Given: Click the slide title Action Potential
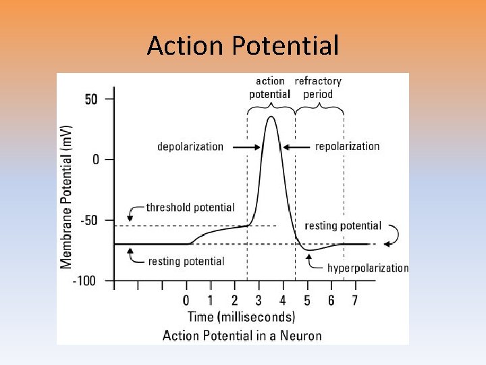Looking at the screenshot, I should (242, 46).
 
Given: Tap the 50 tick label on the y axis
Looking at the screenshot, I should (91, 99).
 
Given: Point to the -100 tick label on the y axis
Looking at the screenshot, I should (85, 280).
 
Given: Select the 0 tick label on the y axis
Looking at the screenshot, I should (95, 160).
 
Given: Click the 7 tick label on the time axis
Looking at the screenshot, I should (355, 300).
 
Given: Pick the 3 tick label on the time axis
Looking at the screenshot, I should (259, 300).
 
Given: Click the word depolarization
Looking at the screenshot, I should (190, 147).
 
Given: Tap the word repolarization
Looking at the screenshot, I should (348, 146).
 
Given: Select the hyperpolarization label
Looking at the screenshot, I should (368, 268).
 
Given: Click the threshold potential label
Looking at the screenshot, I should (190, 208).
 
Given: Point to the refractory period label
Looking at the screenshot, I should (318, 88).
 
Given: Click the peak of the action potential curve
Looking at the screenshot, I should (271, 117).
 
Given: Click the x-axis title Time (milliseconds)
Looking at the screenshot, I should (241, 316).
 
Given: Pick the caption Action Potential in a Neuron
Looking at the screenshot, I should (242, 335).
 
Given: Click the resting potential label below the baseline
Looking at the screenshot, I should (186, 261).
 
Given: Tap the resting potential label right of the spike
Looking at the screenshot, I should (343, 226).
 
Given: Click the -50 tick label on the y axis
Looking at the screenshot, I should (88, 220).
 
